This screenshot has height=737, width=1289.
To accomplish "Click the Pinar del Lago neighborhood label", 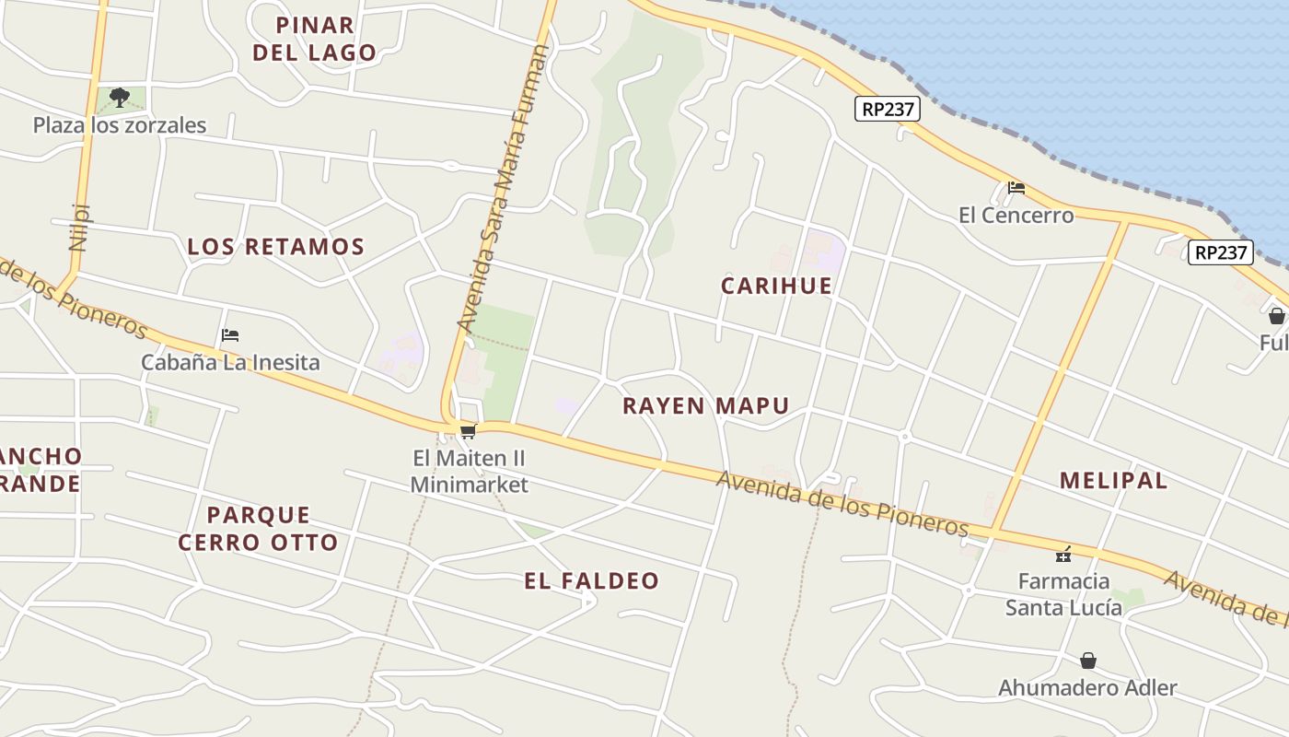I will (315, 39).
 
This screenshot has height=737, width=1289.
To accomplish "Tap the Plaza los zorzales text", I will (120, 125).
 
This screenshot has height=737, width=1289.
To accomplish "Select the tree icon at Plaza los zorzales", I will (119, 97).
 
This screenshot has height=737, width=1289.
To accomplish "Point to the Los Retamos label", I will (276, 247).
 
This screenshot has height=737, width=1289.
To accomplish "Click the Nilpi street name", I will (78, 227).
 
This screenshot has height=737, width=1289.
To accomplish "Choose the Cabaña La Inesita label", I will (230, 362).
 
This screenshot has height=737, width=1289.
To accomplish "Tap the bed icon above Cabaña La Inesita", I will (230, 335).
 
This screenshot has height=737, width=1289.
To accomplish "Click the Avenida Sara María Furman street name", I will (503, 189).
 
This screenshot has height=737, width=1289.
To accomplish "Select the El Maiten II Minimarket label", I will (470, 471).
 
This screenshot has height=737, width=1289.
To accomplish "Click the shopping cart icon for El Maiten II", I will (468, 431).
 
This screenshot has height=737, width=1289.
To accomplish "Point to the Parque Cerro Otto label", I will (258, 528).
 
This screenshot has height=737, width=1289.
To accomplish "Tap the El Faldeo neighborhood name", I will (592, 580).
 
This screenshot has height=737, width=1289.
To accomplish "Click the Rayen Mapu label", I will (706, 405).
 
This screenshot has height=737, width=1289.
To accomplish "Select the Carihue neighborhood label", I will (776, 286).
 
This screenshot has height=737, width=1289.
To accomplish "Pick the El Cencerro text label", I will (1016, 216).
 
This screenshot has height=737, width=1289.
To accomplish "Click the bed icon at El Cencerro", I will (1016, 188).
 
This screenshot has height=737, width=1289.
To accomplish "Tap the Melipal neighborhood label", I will (1113, 480).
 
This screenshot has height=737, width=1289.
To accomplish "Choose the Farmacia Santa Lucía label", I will (1063, 594).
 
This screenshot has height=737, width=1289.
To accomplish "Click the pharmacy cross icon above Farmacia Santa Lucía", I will (1063, 555).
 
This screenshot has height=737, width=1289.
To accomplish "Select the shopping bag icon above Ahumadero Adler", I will (1088, 661).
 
